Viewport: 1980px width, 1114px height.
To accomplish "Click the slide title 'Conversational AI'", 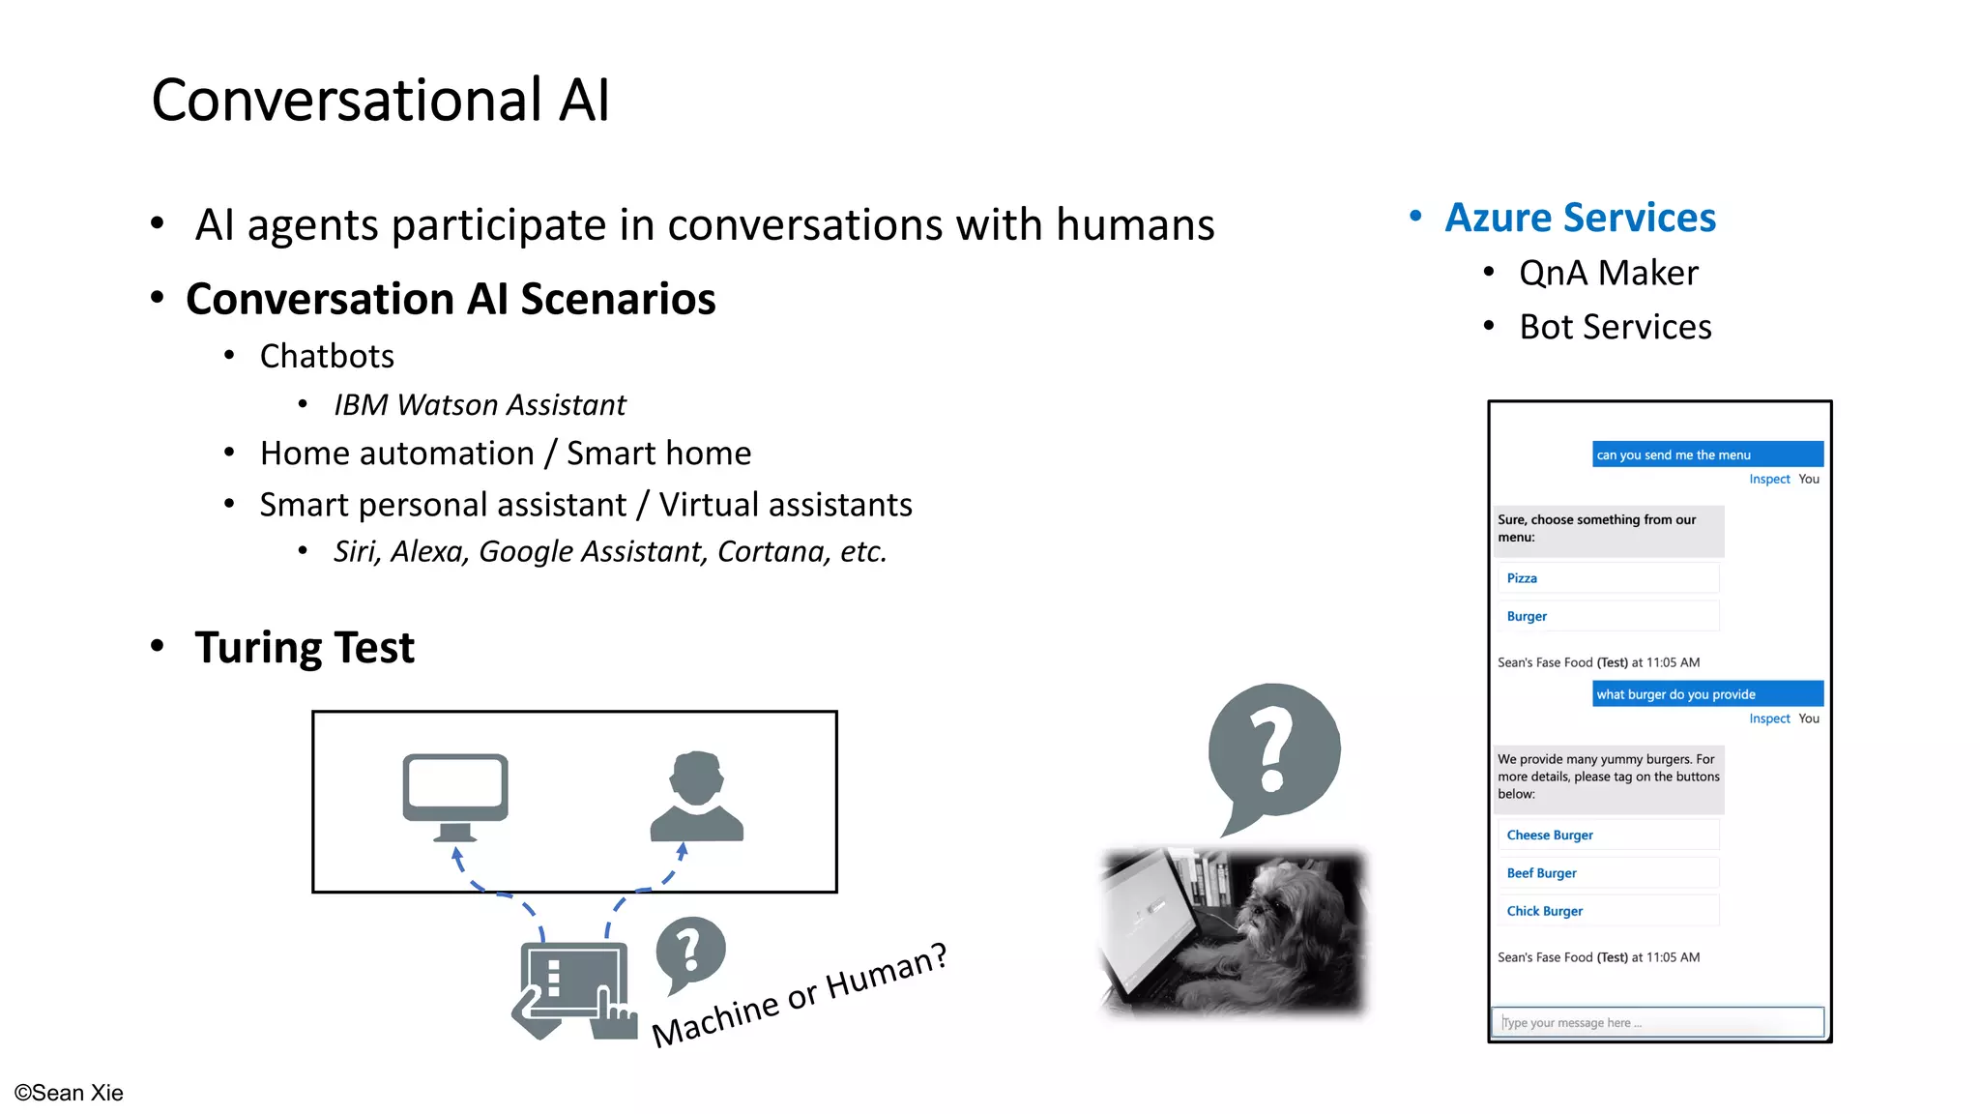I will tap(380, 101).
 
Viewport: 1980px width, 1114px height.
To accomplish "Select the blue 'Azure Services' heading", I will tap(1580, 218).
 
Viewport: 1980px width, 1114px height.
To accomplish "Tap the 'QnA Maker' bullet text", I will tap(1608, 273).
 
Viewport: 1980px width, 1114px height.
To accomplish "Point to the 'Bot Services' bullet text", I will tap(1615, 327).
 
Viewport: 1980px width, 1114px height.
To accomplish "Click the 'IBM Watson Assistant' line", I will tap(480, 404).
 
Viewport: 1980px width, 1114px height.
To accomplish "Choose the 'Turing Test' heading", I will tap(304, 647).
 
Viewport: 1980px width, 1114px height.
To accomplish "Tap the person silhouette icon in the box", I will tap(696, 796).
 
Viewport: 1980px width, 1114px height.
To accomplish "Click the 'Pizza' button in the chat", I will tap(1607, 578).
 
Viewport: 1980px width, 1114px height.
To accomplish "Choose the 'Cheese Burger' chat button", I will tap(1607, 835).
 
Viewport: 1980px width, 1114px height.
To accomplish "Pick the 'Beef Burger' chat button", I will tap(1607, 873).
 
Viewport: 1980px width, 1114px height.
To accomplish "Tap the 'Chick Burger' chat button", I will tap(1607, 911).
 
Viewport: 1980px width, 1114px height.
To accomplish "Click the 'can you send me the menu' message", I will tap(1706, 454).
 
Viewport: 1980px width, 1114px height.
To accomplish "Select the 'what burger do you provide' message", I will tap(1706, 694).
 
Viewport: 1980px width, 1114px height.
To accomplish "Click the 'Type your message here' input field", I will tap(1657, 1022).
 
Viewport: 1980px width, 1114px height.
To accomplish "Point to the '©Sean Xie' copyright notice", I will tap(69, 1093).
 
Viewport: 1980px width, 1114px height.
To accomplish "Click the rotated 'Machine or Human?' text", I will tap(799, 996).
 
